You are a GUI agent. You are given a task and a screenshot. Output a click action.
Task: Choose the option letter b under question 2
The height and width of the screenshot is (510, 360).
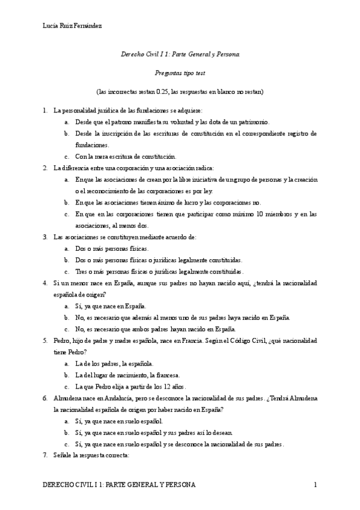click(x=66, y=202)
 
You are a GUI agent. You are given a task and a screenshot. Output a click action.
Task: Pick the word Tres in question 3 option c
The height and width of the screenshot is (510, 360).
click(x=81, y=271)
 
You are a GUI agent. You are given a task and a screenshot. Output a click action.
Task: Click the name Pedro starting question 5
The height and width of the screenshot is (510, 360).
click(x=61, y=340)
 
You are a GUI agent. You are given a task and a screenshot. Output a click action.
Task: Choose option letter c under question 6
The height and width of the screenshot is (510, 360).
click(x=66, y=444)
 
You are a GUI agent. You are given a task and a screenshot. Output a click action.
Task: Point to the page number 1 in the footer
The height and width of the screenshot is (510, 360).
click(x=315, y=485)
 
